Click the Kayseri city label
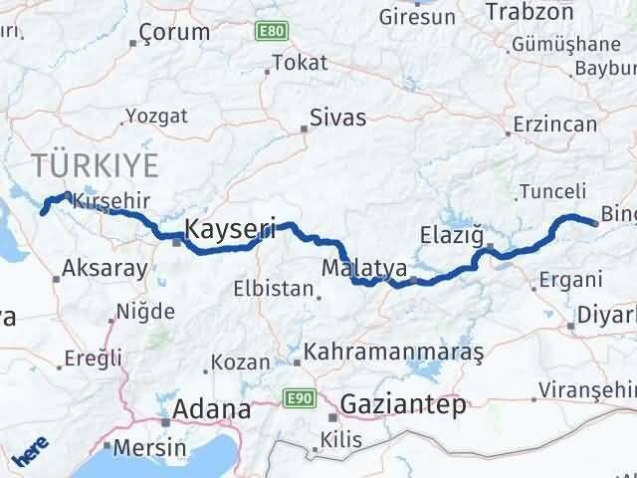click(x=230, y=227)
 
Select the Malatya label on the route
click(x=364, y=268)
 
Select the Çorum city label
click(x=175, y=32)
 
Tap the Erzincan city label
click(x=555, y=124)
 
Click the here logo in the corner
click(x=28, y=456)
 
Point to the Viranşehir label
click(x=587, y=387)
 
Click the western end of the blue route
click(x=43, y=209)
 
